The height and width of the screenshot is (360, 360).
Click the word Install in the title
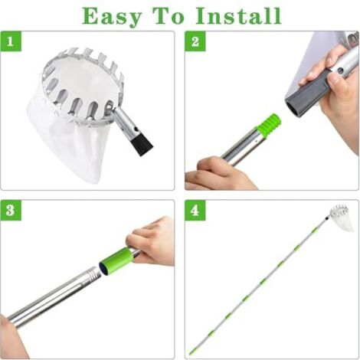[238, 16]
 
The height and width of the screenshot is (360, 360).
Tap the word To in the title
[169, 16]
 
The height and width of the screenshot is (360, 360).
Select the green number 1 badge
[11, 41]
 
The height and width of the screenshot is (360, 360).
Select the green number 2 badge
[195, 41]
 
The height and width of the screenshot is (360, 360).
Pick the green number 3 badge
[11, 210]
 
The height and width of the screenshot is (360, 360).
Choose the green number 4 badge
[195, 210]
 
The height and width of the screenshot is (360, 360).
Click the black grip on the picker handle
[142, 145]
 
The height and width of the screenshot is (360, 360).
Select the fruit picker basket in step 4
[342, 217]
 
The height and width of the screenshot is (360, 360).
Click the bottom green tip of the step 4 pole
[191, 352]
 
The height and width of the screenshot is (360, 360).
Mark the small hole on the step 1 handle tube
[136, 129]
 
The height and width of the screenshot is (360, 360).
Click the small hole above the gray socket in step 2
[340, 70]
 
